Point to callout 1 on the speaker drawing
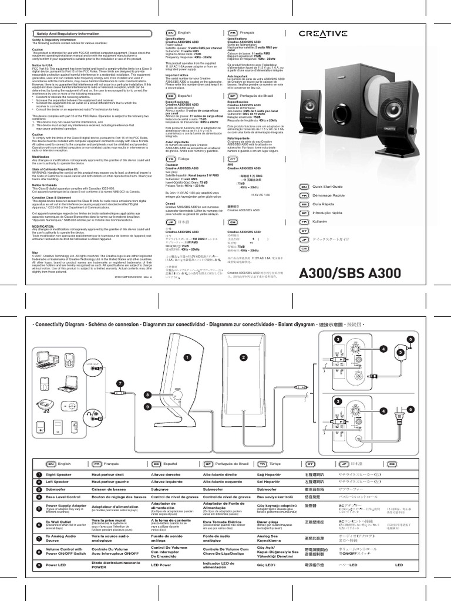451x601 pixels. (x=187, y=357)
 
